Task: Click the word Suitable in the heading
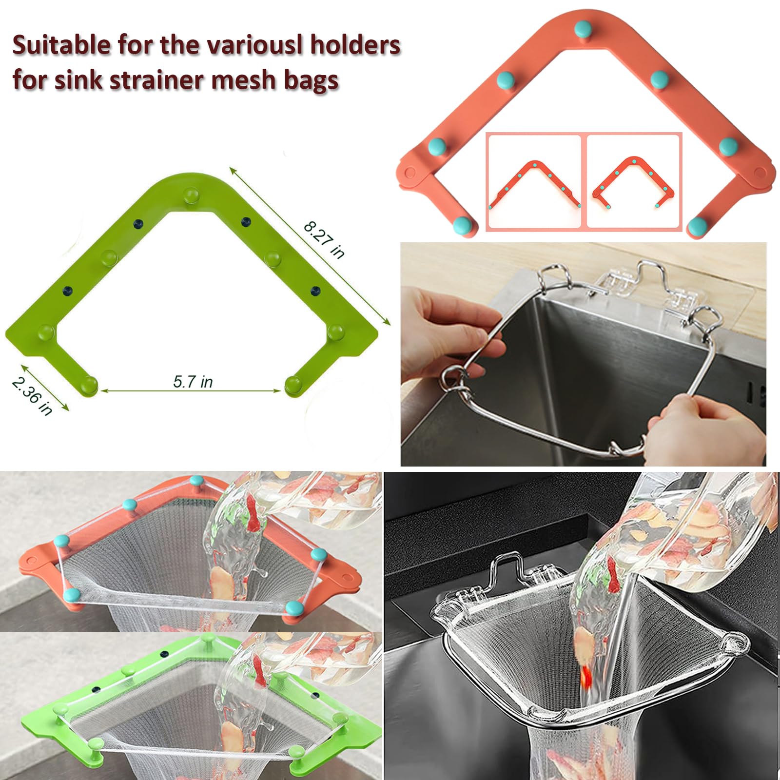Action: [x=61, y=45]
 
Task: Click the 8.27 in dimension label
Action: [x=324, y=240]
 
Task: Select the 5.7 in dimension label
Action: [x=193, y=381]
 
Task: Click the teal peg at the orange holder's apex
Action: [x=583, y=30]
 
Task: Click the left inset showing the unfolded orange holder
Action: [x=534, y=182]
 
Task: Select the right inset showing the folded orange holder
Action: [x=633, y=182]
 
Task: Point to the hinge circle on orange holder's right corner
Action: [x=760, y=172]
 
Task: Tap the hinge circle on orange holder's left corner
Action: [x=410, y=173]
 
